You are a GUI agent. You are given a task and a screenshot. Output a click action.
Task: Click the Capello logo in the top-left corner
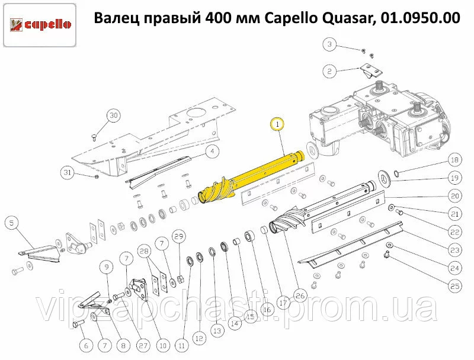click(40, 25)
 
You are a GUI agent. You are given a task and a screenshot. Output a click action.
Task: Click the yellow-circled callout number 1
click(277, 124)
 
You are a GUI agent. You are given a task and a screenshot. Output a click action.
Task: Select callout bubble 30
click(113, 115)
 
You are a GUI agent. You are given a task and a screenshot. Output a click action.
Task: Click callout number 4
click(213, 151)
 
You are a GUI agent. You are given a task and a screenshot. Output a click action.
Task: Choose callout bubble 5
click(11, 223)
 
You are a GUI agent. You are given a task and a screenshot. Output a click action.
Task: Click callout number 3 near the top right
click(329, 44)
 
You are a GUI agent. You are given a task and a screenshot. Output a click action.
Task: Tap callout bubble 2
click(329, 72)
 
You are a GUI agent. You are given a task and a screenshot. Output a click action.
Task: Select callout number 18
click(455, 160)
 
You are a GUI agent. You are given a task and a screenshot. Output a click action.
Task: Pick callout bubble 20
click(455, 196)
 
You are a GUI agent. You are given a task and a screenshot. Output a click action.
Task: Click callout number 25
click(455, 286)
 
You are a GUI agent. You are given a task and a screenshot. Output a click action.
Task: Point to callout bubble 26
click(300, 295)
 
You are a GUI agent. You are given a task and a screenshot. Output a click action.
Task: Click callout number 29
click(179, 236)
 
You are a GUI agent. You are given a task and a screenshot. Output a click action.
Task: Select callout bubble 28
click(145, 251)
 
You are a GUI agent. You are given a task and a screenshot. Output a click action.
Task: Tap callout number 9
click(107, 267)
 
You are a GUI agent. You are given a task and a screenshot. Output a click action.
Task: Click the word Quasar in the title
click(348, 18)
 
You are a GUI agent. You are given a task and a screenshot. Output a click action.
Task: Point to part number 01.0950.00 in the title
click(421, 18)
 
